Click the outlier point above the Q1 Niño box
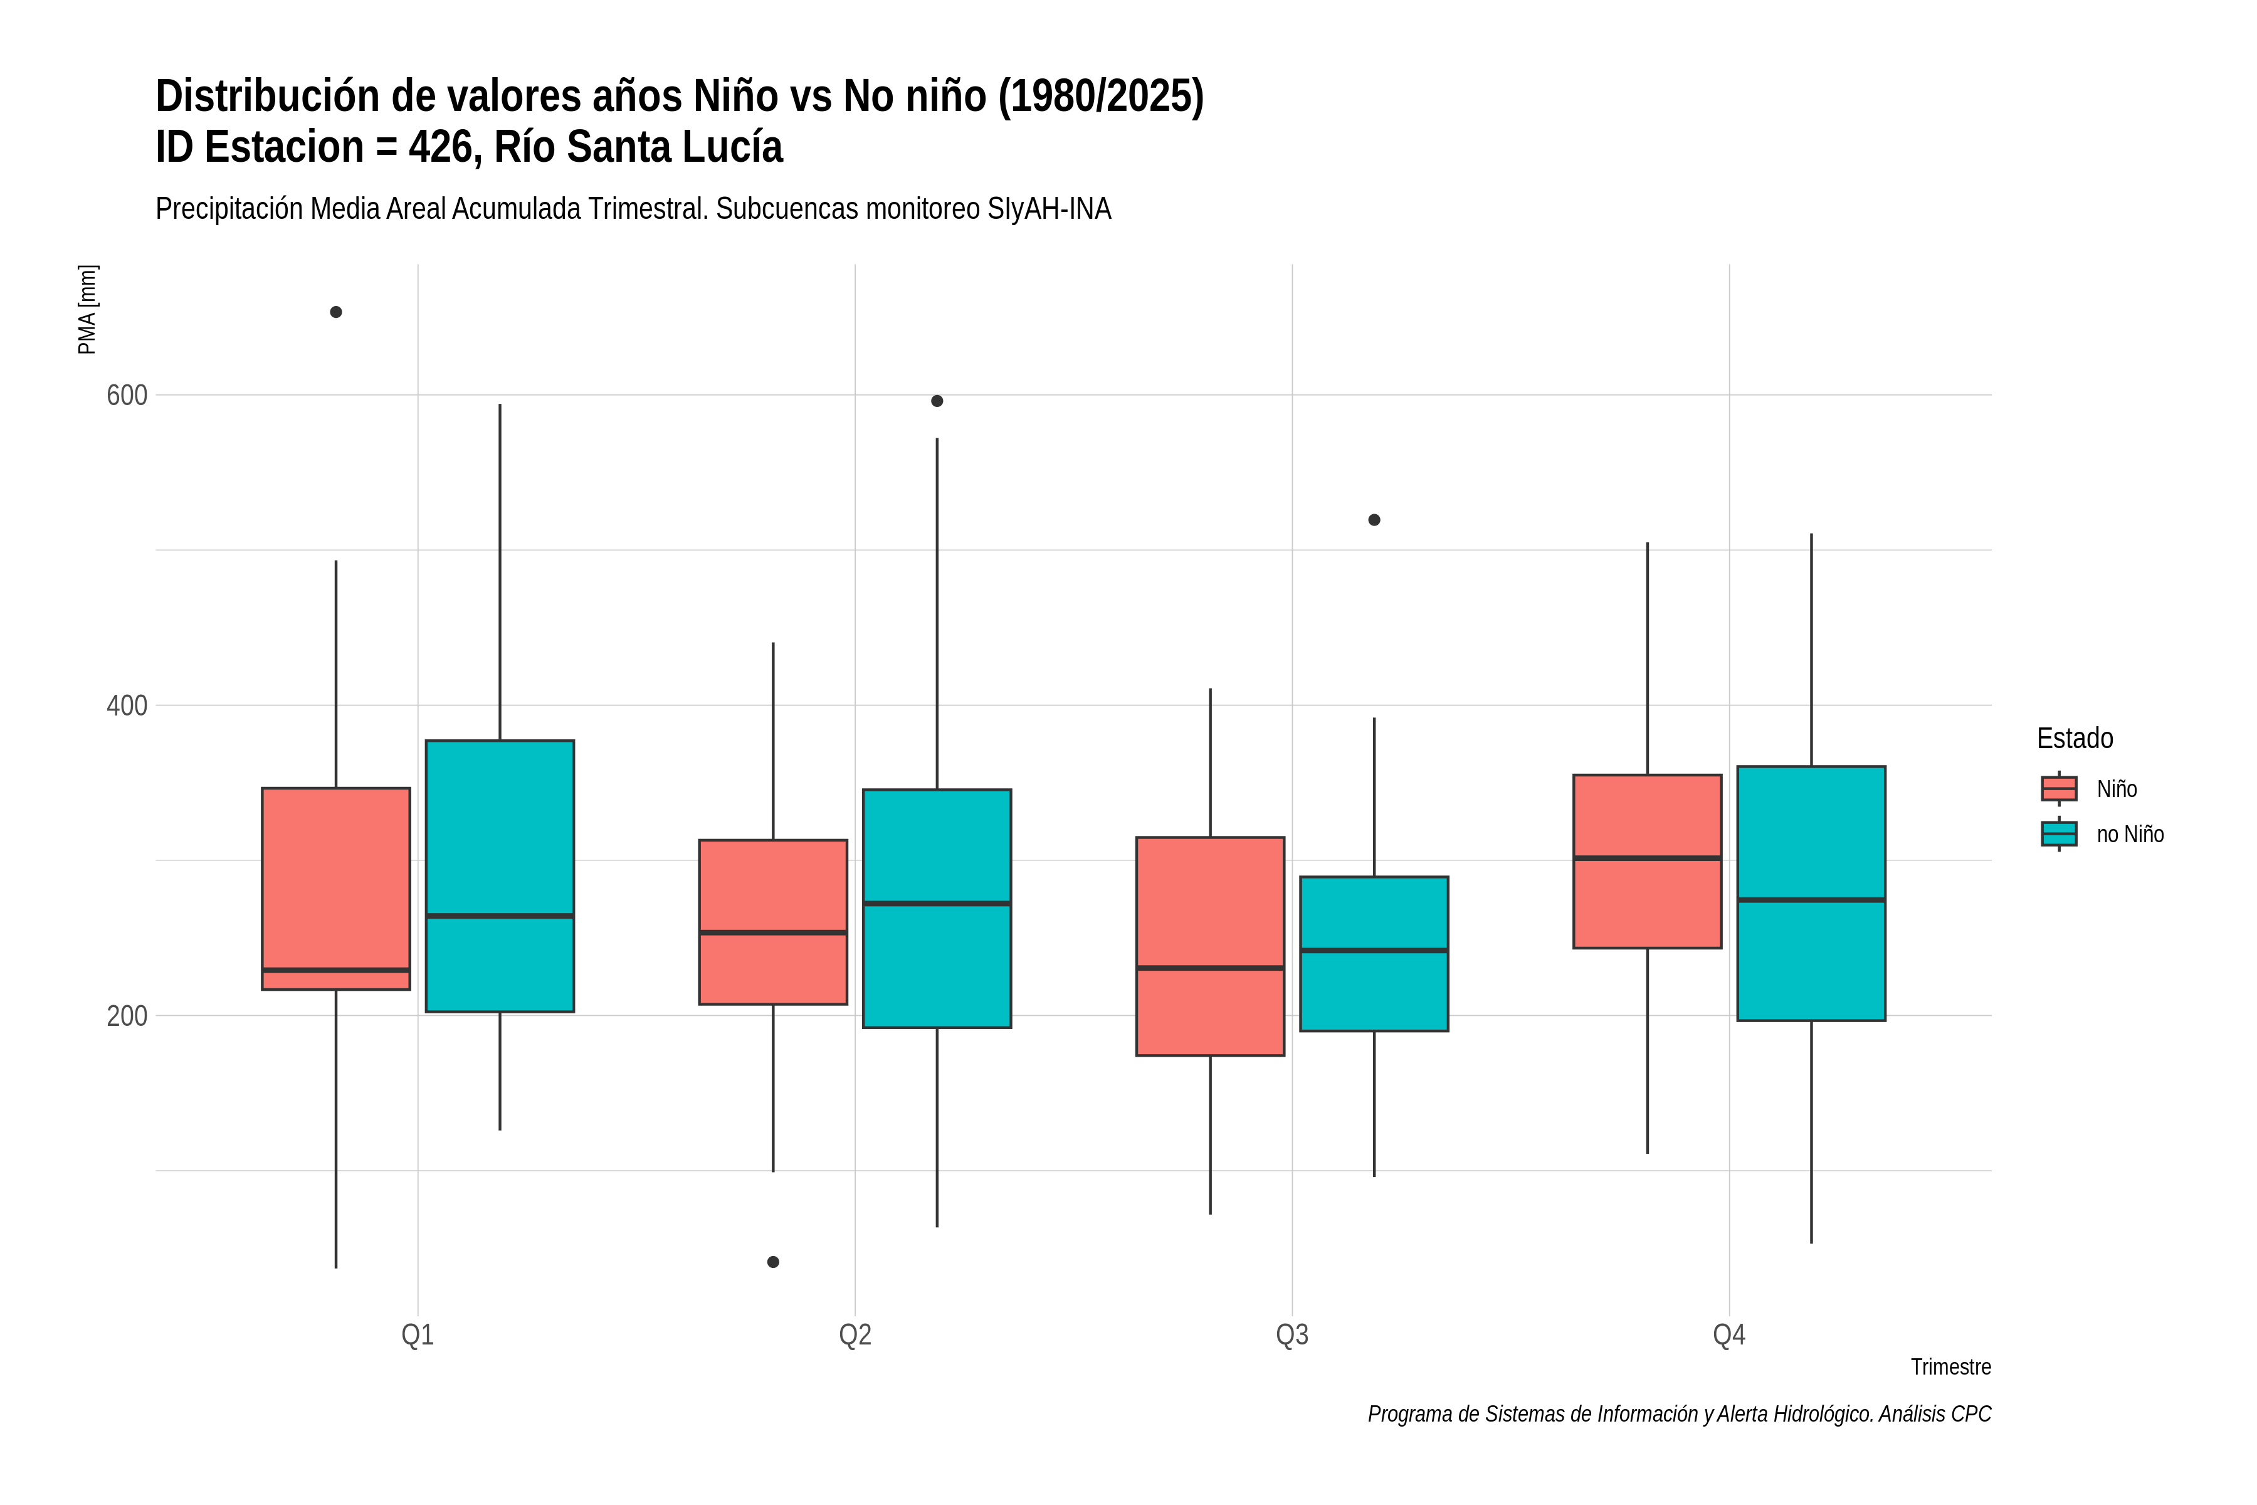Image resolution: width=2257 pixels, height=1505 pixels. tap(336, 312)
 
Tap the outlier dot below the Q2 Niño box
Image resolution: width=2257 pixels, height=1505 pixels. tap(774, 1261)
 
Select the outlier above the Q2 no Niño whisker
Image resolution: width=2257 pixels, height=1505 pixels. tap(937, 401)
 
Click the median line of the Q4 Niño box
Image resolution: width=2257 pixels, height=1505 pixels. tap(1648, 858)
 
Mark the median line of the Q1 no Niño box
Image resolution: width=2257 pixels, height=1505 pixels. tap(500, 916)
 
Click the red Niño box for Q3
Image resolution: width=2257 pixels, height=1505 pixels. tap(1210, 946)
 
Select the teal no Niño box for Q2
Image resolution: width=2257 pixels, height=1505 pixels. tap(937, 909)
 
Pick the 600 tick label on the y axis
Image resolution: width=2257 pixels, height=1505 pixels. tap(127, 396)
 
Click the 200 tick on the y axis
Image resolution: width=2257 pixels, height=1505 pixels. tap(127, 1015)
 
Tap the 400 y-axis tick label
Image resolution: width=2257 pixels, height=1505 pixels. tap(127, 705)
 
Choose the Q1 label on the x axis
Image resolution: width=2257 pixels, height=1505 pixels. tap(418, 1335)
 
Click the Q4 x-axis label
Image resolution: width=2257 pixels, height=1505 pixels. tap(1729, 1335)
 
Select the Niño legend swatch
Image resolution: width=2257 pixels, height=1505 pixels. tap(2058, 789)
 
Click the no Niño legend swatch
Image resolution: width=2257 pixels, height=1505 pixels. tap(2058, 834)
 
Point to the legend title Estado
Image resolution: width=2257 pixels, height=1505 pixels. tap(2075, 738)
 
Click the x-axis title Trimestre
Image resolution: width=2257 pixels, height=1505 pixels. tap(1951, 1367)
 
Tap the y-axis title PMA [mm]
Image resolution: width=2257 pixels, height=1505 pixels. tap(87, 309)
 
